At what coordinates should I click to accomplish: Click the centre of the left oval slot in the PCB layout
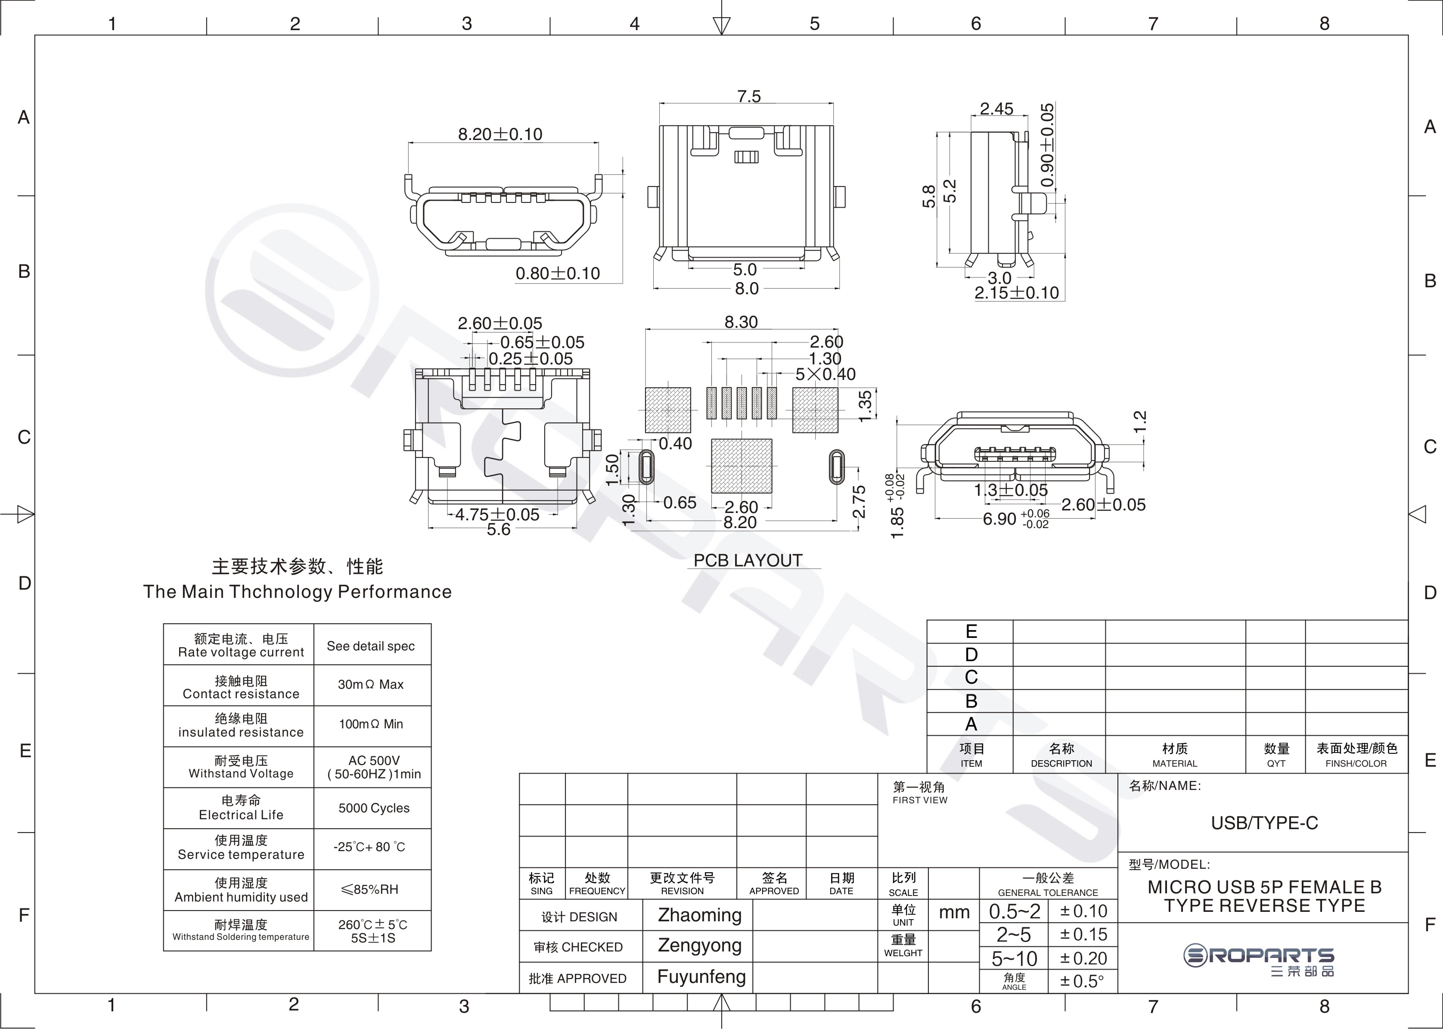click(x=646, y=467)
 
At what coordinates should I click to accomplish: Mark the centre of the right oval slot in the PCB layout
click(x=837, y=467)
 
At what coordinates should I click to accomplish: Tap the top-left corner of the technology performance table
click(x=164, y=624)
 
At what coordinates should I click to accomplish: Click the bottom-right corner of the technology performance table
click(x=431, y=951)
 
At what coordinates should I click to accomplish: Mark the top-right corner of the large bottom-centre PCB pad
click(x=772, y=439)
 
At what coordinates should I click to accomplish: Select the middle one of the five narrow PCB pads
click(x=741, y=403)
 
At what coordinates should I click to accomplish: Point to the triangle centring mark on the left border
click(x=25, y=514)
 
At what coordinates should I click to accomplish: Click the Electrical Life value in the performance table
click(x=374, y=808)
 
